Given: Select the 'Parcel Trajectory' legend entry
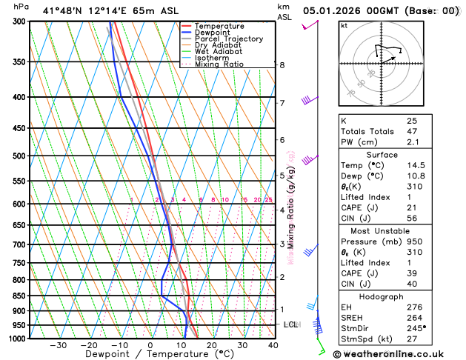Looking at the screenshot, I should pos(227,39).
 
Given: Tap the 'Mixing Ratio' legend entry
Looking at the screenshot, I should pos(219,64).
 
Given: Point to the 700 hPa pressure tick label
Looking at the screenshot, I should pos(19,244).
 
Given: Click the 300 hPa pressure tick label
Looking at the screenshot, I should pos(19,21).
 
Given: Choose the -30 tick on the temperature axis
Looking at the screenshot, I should pos(59,345).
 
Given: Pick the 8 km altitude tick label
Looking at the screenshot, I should pos(282,65).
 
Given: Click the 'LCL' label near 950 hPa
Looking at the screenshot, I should pos(290,324).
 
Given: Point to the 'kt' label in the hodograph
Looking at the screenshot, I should pos(344,25).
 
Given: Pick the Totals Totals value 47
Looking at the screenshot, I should pos(412,131).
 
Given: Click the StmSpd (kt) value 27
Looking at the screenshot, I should pos(412,341).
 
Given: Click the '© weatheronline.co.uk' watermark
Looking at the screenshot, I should pos(398,354).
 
